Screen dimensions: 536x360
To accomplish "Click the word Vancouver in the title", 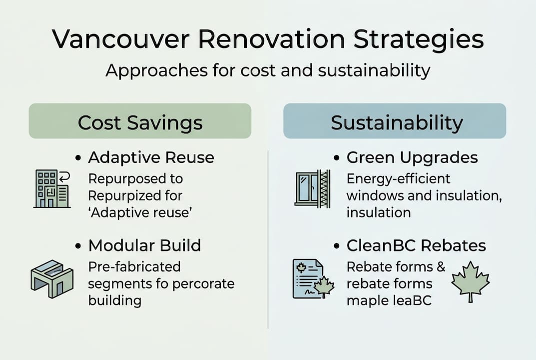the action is pos(121,39).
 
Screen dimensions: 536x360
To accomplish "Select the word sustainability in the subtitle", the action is pos(374,71).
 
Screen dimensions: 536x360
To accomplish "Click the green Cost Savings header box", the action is pos(140,121).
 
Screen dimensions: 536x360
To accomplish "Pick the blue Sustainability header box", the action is pos(395,121).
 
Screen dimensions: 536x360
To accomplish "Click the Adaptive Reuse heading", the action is pos(151,158).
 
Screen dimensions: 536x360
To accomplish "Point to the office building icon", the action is pos(52,189).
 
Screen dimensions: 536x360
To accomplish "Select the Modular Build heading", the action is pos(144,245).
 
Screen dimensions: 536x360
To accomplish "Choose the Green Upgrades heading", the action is pos(412,158).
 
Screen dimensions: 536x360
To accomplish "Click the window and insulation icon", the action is pos(313,188).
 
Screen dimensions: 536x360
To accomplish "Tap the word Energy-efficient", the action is pos(398,178).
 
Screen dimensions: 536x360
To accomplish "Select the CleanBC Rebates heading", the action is pos(416,245).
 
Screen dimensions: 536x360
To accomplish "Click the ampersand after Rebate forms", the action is pos(441,266).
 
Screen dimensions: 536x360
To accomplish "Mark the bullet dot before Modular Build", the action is pos(78,246).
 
